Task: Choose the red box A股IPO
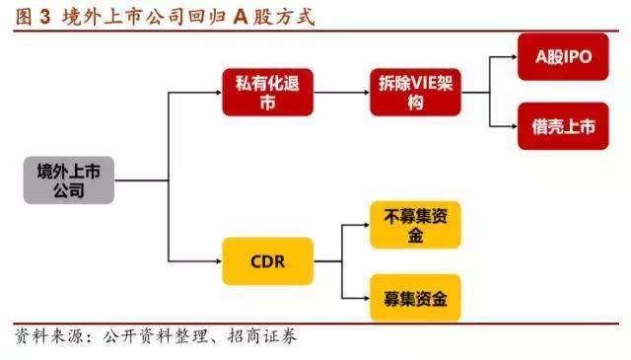click(563, 57)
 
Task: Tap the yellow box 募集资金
click(415, 296)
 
